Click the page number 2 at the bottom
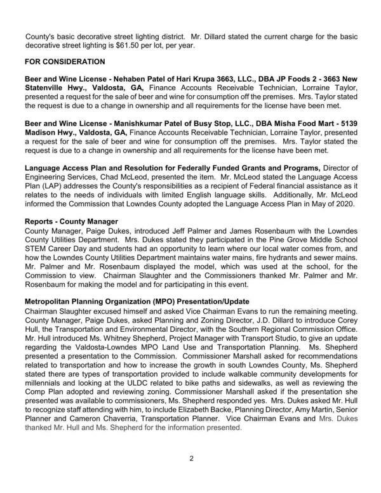(x=190, y=475)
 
